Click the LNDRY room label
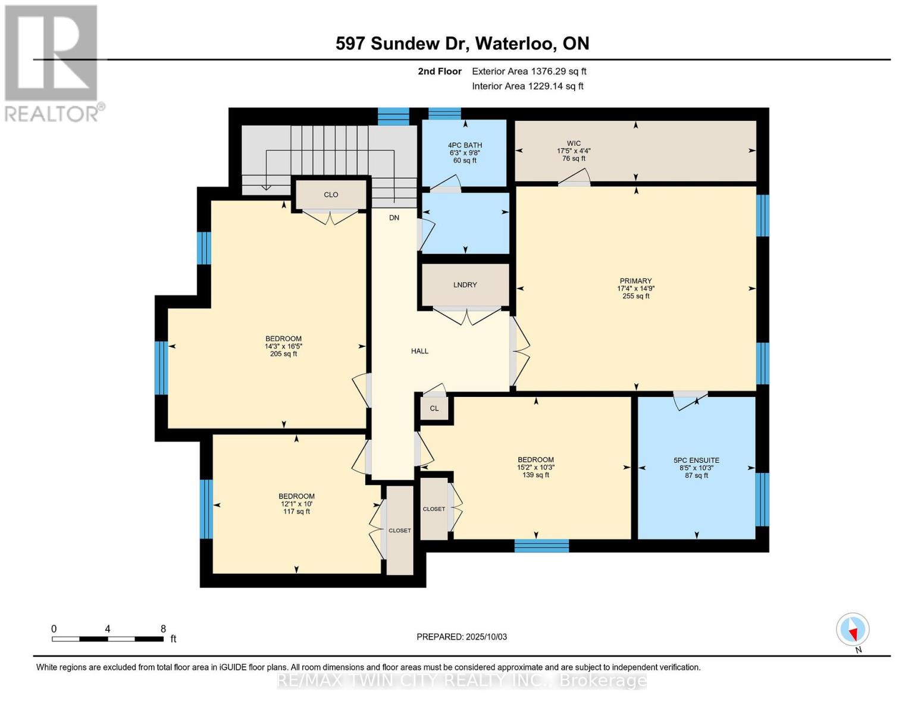pos(465,285)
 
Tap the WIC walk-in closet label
pos(574,143)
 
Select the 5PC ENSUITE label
pos(696,461)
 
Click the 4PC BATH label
pos(465,145)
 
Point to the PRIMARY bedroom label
pos(635,281)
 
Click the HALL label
pos(419,351)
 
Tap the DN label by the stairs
pos(394,218)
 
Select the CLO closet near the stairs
pos(331,195)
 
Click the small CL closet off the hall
pos(434,409)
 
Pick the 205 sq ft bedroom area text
pos(283,354)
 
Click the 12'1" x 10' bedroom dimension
pos(296,504)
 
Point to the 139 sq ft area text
pos(535,475)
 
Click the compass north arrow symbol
pos(853,630)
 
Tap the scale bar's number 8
pos(163,629)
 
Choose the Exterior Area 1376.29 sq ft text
pos(529,71)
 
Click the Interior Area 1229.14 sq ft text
pos(527,86)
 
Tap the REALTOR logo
pos(52,62)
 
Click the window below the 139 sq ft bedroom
pos(541,546)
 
